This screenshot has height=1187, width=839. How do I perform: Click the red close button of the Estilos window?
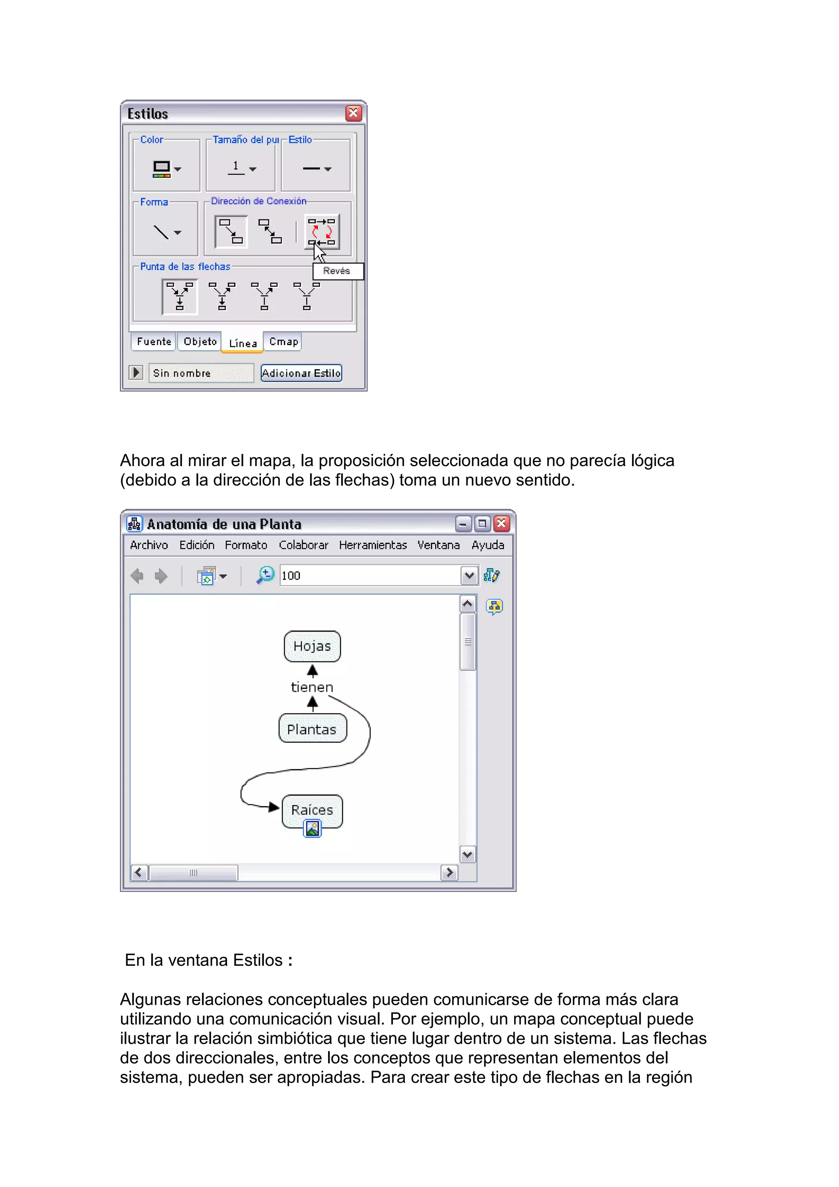coord(353,113)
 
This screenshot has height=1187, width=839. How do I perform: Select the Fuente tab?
coord(154,342)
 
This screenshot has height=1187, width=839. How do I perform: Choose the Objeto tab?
coord(200,342)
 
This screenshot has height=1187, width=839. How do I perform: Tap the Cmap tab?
coord(283,342)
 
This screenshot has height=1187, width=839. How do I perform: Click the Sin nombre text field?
coord(201,373)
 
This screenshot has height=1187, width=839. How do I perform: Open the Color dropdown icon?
coord(166,168)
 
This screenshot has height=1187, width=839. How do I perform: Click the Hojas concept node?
coord(312,646)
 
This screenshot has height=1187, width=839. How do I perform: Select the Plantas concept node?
coord(312,729)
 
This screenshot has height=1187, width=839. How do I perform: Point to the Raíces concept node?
coord(312,810)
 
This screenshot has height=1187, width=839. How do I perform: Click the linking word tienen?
coord(312,687)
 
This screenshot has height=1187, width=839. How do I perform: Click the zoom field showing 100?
coord(369,575)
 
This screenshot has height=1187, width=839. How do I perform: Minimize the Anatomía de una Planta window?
coord(463,524)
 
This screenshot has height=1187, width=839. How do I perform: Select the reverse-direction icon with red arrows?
coord(322,231)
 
